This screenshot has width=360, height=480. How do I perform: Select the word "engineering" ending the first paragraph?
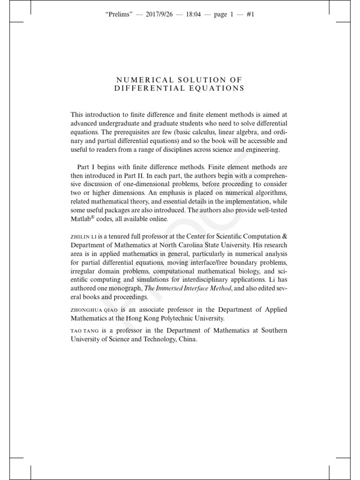(262, 150)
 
